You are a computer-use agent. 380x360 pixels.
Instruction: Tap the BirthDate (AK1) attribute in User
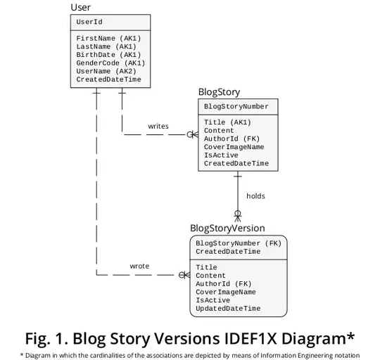point(108,54)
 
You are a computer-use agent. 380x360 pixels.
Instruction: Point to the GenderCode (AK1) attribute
point(110,63)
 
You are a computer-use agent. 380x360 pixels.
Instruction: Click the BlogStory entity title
point(220,91)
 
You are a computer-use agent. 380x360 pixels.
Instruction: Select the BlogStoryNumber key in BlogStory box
point(236,106)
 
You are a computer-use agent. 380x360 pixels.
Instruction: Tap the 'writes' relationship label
point(158,127)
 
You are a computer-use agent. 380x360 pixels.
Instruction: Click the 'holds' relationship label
point(255,196)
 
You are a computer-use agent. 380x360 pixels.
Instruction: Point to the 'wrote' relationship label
point(139,266)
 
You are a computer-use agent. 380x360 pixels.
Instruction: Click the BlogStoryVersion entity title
point(227,229)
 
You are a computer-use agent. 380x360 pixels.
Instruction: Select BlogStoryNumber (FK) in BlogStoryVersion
point(238,243)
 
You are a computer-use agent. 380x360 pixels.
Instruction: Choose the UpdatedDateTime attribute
point(228,309)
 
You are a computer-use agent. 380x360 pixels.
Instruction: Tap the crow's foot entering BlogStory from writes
point(192,134)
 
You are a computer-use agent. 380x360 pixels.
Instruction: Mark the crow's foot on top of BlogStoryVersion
point(238,215)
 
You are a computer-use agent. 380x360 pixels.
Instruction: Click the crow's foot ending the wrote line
point(184,274)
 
